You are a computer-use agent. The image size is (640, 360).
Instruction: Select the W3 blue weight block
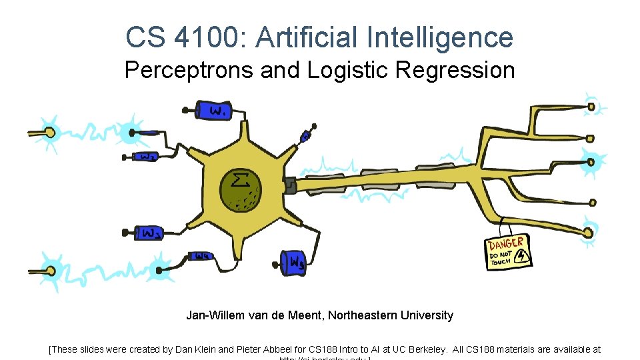149,233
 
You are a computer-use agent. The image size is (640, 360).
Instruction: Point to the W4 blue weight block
202,256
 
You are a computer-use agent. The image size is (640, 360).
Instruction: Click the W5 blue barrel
294,263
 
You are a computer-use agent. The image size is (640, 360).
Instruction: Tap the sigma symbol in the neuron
237,179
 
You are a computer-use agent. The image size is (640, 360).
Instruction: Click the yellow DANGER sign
509,251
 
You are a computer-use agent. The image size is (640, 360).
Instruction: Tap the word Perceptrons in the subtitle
189,70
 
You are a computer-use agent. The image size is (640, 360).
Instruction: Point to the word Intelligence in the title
440,37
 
